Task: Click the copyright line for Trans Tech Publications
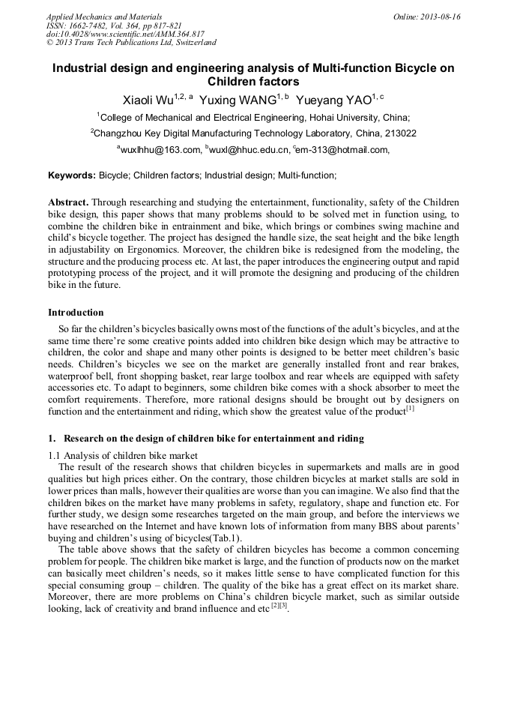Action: (131, 43)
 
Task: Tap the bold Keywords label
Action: (72, 175)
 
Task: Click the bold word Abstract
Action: (68, 202)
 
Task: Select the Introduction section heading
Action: (76, 312)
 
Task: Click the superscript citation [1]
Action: (410, 409)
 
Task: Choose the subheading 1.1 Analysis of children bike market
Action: (123, 455)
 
